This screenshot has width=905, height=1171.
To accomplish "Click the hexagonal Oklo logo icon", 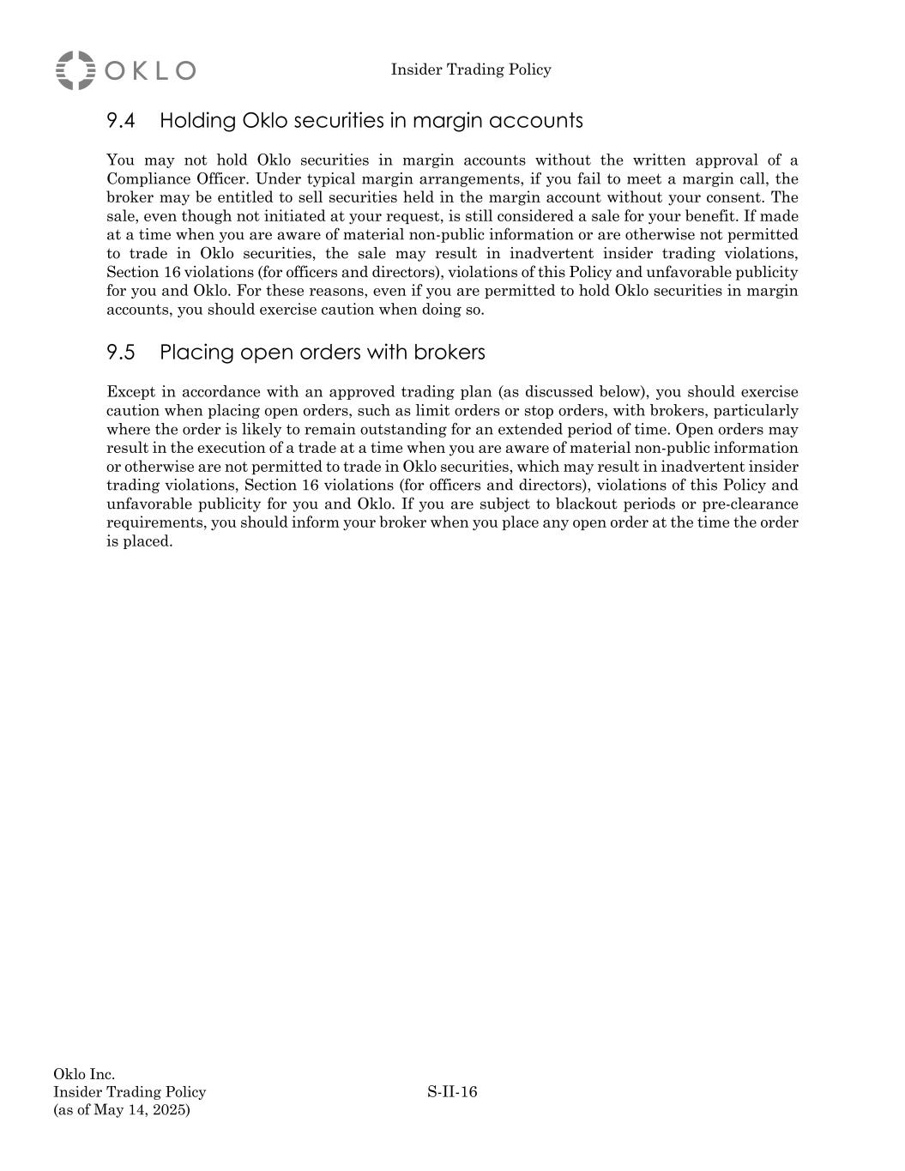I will click(75, 70).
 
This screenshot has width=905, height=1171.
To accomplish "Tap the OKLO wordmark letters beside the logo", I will click(151, 70).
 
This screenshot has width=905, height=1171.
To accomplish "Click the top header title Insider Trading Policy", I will click(471, 69).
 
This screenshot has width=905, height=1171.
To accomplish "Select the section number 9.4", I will click(121, 121).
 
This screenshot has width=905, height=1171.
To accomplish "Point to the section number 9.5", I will click(121, 353).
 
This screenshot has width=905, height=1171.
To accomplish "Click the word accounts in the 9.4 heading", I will click(540, 121).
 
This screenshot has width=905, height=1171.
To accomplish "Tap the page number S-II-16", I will click(452, 1092).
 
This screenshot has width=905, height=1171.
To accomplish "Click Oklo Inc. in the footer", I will click(84, 1074).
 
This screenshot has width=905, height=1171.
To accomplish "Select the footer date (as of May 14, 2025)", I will click(122, 1110).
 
